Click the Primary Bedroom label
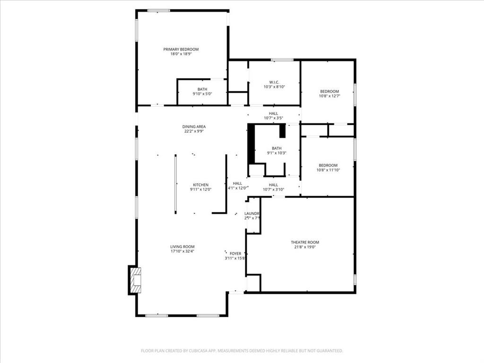(x=181, y=49)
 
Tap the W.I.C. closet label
(x=274, y=82)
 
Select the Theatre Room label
(x=305, y=242)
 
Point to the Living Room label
(x=182, y=247)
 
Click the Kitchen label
(x=200, y=185)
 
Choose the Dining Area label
(x=194, y=127)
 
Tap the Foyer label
(x=235, y=254)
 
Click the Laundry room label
(x=252, y=214)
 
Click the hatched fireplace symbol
(x=135, y=280)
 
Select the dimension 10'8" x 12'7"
(x=329, y=96)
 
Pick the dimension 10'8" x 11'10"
(x=328, y=170)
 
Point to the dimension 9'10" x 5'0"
(x=202, y=94)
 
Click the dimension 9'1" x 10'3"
(x=277, y=153)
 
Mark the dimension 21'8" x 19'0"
(x=305, y=247)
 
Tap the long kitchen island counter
(x=175, y=184)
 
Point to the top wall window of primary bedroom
(x=159, y=10)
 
